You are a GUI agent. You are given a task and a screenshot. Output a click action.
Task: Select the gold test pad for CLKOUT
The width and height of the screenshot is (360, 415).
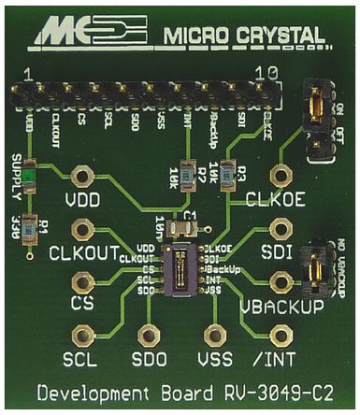[82, 230]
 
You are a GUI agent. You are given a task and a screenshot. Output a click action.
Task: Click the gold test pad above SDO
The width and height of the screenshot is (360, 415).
[150, 332]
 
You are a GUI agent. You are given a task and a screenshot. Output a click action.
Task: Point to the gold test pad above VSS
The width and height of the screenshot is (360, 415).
[217, 332]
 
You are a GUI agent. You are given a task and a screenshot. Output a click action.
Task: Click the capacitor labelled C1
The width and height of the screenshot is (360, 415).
[185, 223]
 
